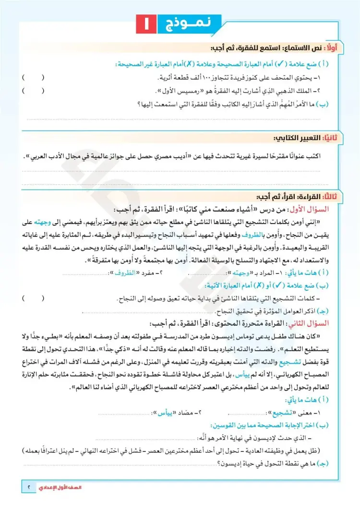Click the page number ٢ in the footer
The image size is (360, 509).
[29, 487]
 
